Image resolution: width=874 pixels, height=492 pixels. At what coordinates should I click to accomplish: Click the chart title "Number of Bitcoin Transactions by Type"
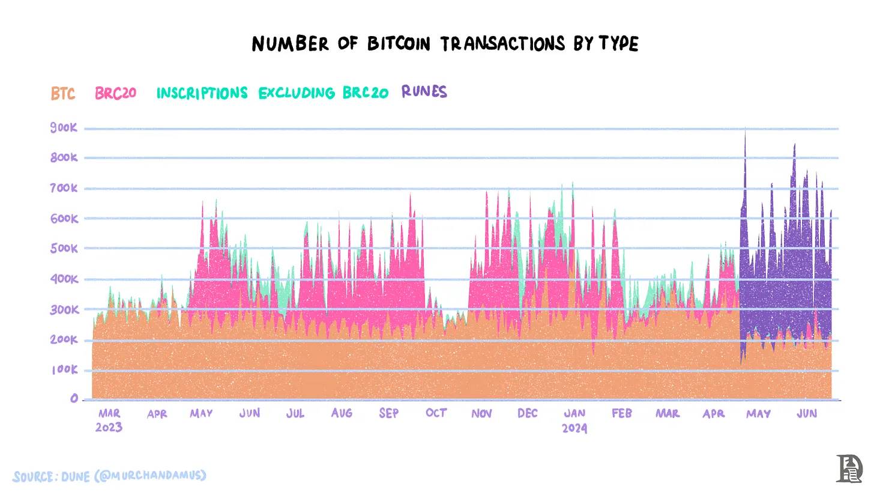(x=445, y=44)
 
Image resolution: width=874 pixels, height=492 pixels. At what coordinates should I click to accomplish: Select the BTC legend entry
(x=63, y=94)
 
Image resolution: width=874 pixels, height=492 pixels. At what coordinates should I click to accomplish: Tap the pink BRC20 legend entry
(x=116, y=93)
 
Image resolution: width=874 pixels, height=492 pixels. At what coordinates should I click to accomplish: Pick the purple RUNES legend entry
(x=424, y=92)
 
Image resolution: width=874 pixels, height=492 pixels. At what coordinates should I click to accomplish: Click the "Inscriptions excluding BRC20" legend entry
(x=272, y=93)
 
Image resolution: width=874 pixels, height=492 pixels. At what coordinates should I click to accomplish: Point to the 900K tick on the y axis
(x=64, y=127)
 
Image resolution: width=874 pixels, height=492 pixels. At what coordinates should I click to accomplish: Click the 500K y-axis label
(x=64, y=248)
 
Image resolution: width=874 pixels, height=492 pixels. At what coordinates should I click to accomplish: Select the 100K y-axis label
(x=64, y=369)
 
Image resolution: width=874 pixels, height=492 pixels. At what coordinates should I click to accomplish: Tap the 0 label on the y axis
(x=74, y=398)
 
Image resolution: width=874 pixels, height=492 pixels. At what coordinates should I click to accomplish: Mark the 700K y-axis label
(x=64, y=188)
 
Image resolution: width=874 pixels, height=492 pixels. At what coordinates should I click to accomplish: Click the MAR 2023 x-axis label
(x=109, y=420)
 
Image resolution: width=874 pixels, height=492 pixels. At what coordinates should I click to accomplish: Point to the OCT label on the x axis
(x=436, y=413)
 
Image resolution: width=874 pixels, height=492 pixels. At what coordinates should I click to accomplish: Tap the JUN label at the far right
(x=807, y=413)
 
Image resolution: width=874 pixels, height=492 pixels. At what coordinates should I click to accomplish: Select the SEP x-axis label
(x=389, y=413)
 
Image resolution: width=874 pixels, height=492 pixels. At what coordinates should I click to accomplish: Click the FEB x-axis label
(x=622, y=413)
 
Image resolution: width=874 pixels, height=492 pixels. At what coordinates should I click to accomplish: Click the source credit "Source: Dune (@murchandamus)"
(x=109, y=476)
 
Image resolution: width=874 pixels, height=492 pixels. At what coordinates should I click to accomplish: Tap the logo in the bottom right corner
(x=849, y=469)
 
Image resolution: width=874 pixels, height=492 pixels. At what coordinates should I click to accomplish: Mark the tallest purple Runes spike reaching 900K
(x=745, y=135)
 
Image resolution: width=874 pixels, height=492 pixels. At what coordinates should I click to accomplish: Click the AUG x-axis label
(x=342, y=413)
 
